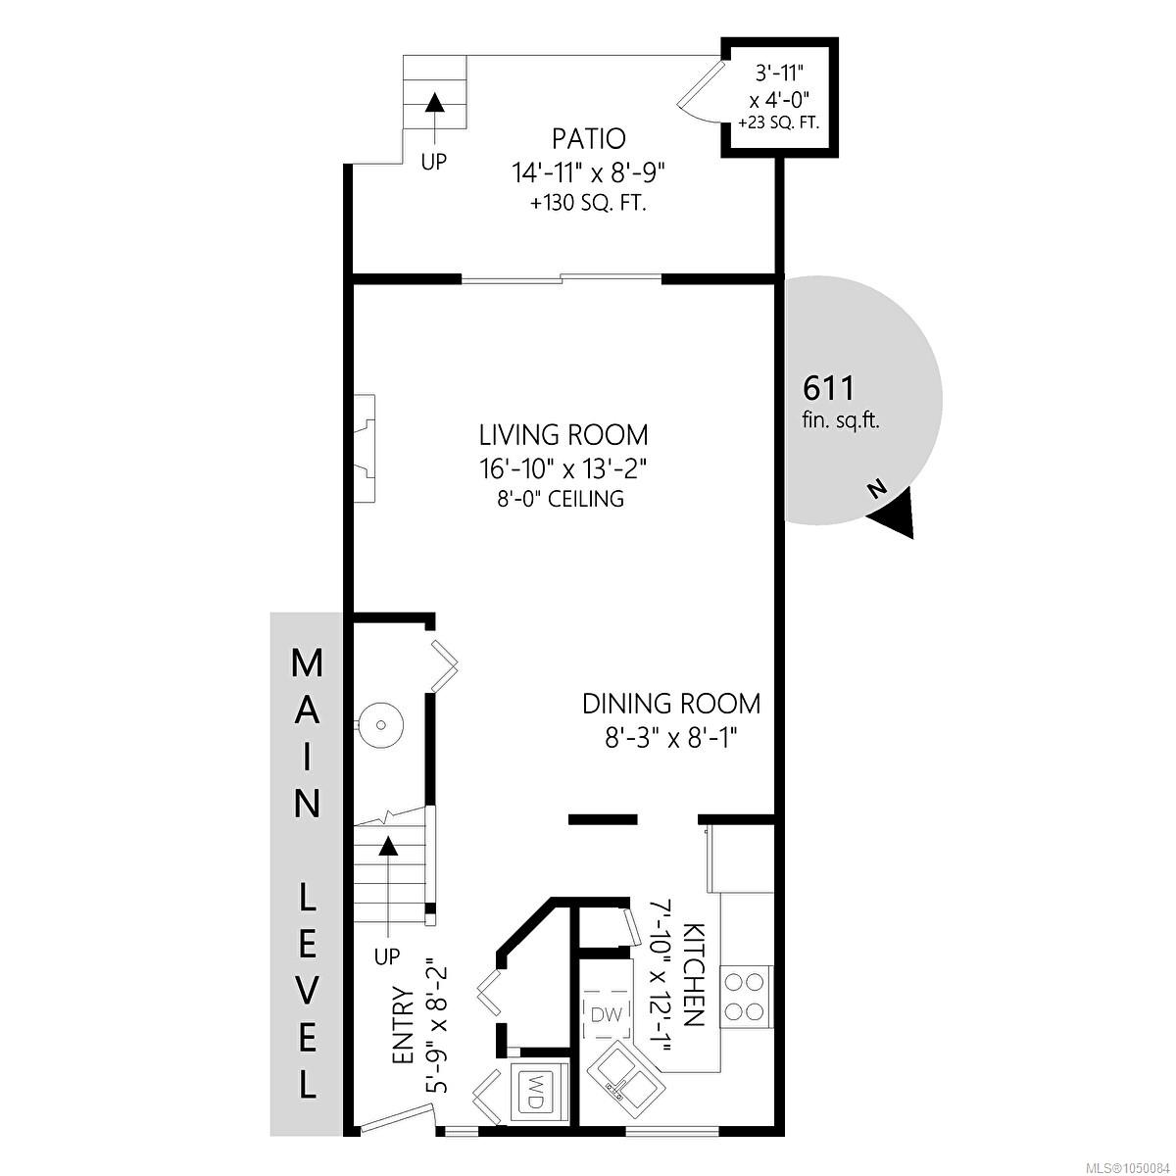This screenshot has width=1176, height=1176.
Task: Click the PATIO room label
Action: click(x=588, y=139)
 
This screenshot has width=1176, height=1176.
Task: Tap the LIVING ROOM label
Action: click(x=563, y=436)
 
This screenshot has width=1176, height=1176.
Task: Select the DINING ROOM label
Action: click(x=671, y=704)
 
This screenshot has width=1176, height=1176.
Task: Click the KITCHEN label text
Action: click(x=695, y=974)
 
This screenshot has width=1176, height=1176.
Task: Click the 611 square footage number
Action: click(x=828, y=387)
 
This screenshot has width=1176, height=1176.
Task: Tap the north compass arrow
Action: click(x=895, y=516)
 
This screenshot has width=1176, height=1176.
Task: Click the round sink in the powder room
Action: click(x=381, y=725)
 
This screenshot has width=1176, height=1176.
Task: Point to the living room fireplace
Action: click(x=365, y=448)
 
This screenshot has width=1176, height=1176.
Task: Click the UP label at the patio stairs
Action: click(x=434, y=162)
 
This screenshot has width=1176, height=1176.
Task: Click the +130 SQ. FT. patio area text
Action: click(x=588, y=203)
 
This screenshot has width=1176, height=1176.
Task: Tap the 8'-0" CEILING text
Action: click(x=561, y=499)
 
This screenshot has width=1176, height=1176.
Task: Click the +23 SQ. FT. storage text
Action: click(x=778, y=122)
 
